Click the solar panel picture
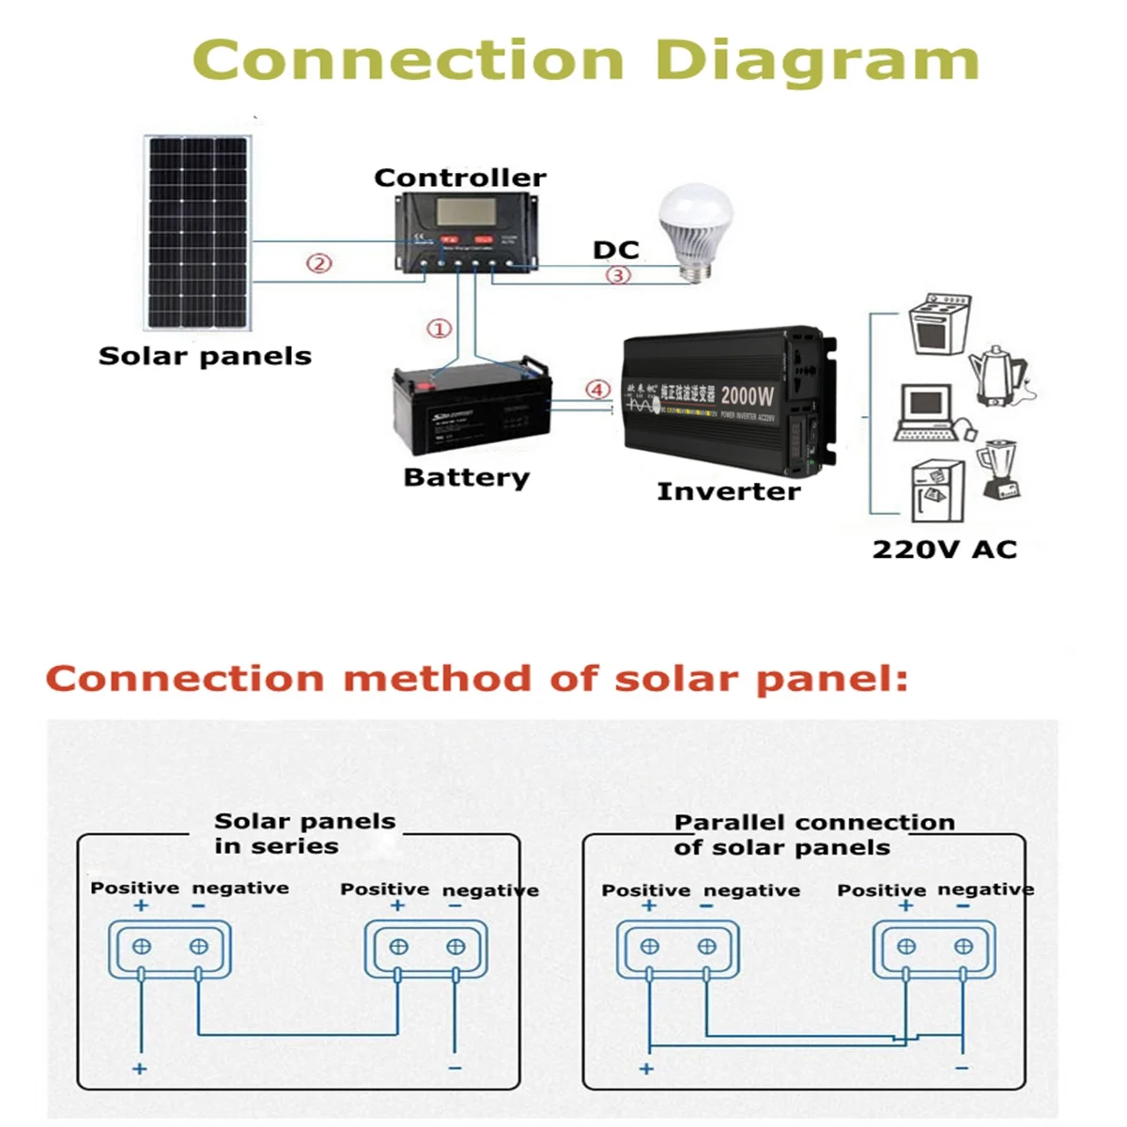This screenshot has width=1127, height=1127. point(197,233)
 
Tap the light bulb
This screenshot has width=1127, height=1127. point(690,230)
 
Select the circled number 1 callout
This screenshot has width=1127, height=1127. point(439,329)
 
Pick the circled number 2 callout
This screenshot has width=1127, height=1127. point(319,264)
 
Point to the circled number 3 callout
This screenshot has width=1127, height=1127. point(617,275)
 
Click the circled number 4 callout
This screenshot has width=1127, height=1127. point(598,389)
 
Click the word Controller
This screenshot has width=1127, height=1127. point(459,178)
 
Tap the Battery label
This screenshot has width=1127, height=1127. point(466,477)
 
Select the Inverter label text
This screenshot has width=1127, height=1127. point(728,491)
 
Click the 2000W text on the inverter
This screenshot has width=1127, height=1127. point(748,395)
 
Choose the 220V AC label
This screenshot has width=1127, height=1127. point(944,549)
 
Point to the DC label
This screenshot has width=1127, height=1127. point(615,250)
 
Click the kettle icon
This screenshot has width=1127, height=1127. point(997,376)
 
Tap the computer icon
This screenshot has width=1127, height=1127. point(928,411)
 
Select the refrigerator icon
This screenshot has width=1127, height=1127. point(937,489)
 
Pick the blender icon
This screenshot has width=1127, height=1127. point(998,470)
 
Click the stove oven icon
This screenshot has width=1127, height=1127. point(939,323)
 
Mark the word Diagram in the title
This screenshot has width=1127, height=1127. point(816,61)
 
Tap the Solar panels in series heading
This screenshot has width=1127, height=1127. point(302,833)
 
